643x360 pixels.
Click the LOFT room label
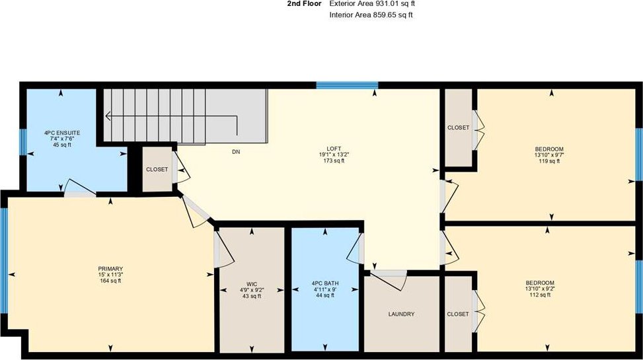334,149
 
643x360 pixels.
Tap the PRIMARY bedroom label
110,269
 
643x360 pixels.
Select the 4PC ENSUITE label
62,133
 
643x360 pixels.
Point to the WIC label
252,284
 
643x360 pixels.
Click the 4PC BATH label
325,283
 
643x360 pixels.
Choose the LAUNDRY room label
402,314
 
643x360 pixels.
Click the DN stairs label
236,152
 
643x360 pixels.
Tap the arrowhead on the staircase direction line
108,116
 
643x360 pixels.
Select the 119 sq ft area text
549,161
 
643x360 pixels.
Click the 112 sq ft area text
540,295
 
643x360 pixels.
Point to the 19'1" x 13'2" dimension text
334,155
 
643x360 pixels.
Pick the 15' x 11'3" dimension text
110,275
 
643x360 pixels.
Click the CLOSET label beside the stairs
157,169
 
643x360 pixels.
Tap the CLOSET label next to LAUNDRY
458,314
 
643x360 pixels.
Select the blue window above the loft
347,86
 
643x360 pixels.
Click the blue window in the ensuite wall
23,142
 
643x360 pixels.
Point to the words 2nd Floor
304,4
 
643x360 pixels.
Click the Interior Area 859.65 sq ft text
371,15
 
